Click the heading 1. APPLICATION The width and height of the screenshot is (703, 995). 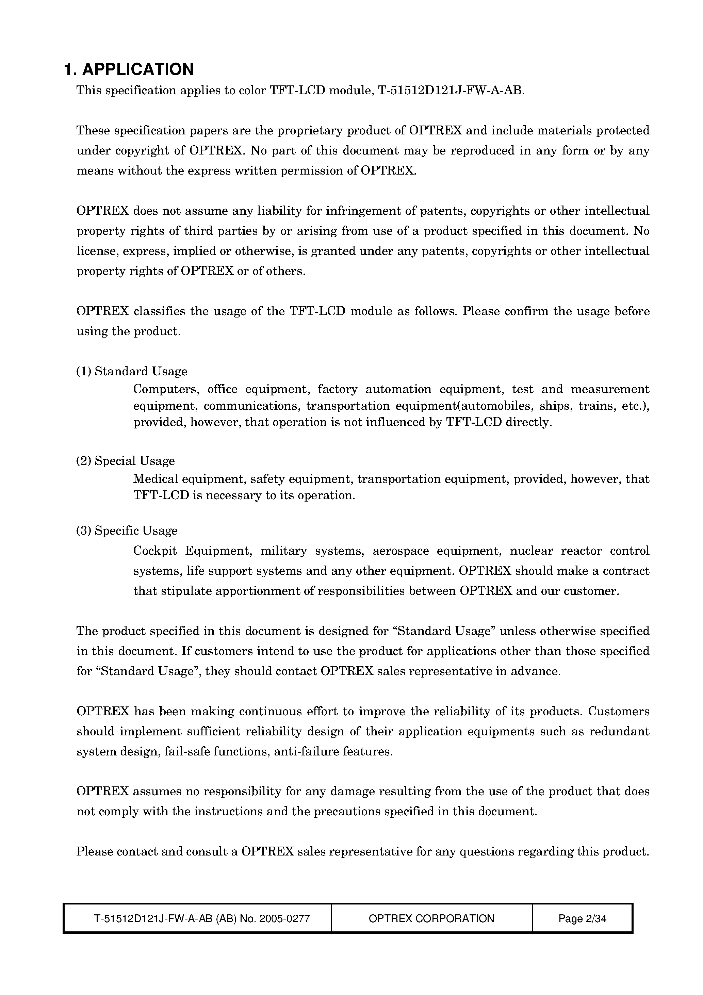pyautogui.click(x=129, y=69)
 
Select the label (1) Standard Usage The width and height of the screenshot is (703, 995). pyautogui.click(x=132, y=371)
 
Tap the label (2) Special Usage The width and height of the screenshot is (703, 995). pyautogui.click(x=126, y=461)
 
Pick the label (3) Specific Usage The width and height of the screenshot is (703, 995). pyautogui.click(x=127, y=531)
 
